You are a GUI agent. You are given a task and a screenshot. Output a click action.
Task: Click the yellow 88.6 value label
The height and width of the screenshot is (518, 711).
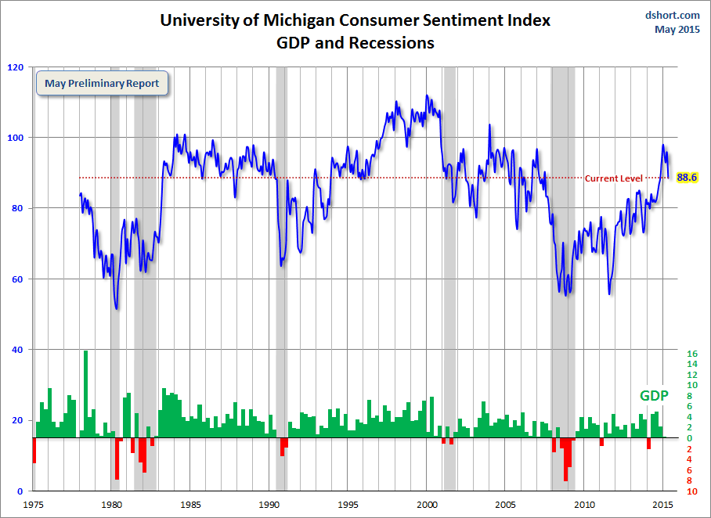tap(687, 178)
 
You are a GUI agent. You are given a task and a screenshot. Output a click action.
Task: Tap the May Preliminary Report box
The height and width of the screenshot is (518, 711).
tap(102, 84)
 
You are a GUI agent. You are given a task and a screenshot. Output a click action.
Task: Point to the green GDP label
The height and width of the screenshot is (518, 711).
tap(655, 395)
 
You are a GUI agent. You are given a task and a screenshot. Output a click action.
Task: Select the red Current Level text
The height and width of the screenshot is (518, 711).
tap(614, 178)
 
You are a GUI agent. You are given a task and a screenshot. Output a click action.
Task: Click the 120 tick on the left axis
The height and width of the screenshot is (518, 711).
tap(14, 67)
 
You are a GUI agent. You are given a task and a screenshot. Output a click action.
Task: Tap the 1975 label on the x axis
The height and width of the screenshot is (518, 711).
tap(34, 506)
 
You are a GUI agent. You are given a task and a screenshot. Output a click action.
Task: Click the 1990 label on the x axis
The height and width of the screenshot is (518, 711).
tap(270, 506)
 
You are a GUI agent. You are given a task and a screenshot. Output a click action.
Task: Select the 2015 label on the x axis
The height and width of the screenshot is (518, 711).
tap(664, 506)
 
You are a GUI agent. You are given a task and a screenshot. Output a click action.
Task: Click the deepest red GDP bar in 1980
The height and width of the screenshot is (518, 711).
tap(117, 459)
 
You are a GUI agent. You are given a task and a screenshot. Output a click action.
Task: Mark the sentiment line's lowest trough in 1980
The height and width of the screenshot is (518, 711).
tap(117, 308)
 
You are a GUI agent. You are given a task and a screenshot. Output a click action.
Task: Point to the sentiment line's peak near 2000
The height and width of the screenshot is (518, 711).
tap(427, 96)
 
